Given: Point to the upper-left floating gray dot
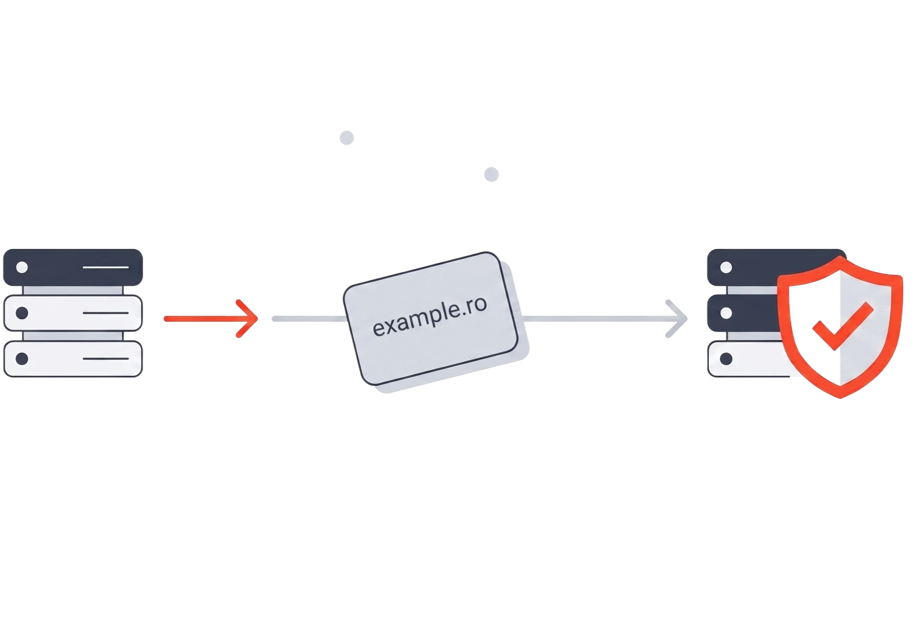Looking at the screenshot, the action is point(347,138).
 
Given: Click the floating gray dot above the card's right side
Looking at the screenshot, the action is point(491,174).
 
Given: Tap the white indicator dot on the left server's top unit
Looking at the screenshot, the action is point(22,267).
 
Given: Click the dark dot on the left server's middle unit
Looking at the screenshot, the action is point(22,313).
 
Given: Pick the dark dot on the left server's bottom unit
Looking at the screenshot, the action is point(22,359).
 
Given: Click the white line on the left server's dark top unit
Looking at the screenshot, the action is point(105,267).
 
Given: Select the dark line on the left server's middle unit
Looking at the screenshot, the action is point(105,313).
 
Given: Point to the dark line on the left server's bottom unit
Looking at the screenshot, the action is point(105,359).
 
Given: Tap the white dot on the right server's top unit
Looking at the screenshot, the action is point(726,267).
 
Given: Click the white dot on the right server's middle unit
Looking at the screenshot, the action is point(726,313).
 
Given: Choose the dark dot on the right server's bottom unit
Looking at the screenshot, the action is point(726,359).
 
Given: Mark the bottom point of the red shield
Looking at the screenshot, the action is point(840,398).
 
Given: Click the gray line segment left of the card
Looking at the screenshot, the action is point(309,318).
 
